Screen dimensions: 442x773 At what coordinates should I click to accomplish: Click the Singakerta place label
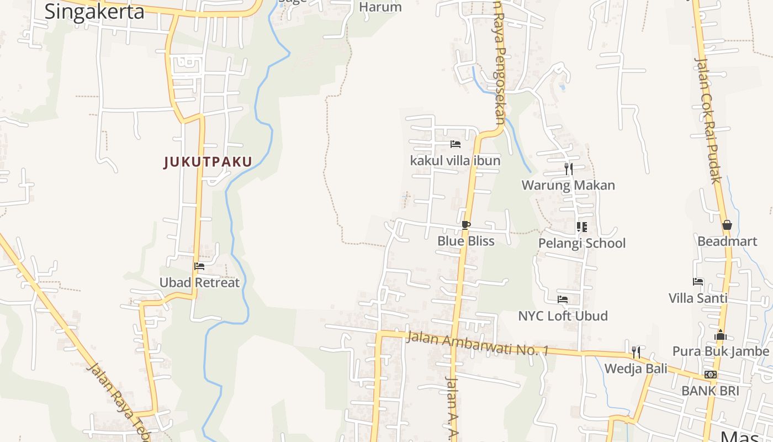pos(94,11)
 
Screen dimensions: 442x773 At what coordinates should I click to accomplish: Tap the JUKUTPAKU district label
pos(208,162)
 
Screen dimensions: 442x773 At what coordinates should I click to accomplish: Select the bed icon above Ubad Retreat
pos(199,266)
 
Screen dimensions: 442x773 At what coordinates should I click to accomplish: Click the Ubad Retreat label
pos(199,282)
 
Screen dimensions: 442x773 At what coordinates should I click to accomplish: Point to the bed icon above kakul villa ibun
pos(455,144)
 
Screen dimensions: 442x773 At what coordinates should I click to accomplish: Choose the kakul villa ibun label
pos(455,161)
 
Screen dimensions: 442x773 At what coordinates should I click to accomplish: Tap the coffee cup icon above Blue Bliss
pos(466,225)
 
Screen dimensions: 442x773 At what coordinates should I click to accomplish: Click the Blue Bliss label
pos(466,241)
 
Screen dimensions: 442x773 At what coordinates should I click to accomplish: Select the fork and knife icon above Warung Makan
pos(568,169)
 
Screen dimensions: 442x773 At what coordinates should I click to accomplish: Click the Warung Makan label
pos(568,185)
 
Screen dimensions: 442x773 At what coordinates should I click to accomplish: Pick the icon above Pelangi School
pos(581,227)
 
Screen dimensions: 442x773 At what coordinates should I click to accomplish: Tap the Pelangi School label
pos(581,243)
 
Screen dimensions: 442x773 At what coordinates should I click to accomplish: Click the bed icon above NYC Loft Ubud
pos(563,299)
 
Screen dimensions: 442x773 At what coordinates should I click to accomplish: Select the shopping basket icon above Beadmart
pos(727,225)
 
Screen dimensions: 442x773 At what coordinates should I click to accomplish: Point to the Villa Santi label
pos(698,298)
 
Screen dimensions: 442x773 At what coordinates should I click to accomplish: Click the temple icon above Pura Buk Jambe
pos(720,335)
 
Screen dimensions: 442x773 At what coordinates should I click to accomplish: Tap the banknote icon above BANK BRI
pos(710,375)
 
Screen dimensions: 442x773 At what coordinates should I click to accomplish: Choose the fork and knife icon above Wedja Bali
pos(636,352)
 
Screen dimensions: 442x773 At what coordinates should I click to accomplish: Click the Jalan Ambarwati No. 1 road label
pos(477,343)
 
